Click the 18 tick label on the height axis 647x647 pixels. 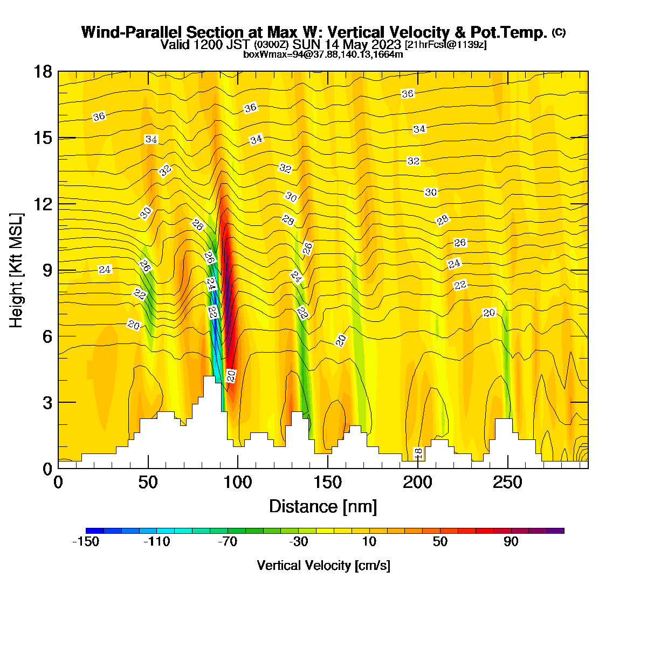43,72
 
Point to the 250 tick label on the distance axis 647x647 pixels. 507,483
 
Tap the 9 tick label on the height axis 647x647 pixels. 47,270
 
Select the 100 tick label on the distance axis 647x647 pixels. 238,483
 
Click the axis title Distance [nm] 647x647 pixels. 323,507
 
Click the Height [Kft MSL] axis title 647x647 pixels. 16,270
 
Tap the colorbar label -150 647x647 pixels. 86,541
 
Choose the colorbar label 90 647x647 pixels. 511,541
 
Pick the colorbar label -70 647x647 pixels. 228,541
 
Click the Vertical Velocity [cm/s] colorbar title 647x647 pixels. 323,566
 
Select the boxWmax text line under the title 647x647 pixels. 323,54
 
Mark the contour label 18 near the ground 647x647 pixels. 418,454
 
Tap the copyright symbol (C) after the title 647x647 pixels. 559,32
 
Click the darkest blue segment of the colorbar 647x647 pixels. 95,531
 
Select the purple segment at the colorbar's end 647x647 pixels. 555,531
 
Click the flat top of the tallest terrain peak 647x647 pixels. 210,377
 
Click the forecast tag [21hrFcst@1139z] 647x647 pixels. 445,44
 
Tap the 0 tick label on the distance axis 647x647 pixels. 58,483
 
